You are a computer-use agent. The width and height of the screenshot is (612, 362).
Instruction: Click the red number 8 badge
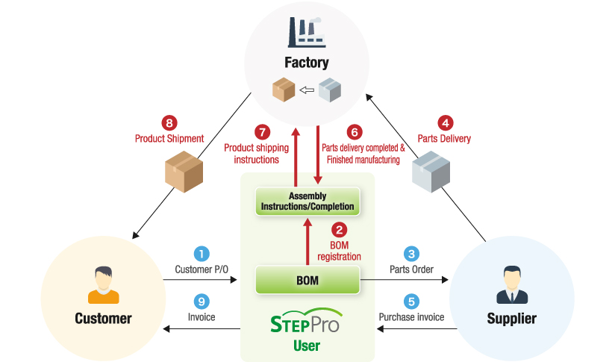click(x=169, y=122)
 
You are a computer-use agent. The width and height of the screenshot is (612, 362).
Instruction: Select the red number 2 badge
click(x=340, y=230)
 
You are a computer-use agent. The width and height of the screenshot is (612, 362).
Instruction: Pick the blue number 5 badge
click(x=411, y=302)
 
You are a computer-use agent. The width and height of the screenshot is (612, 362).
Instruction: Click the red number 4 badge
click(x=444, y=122)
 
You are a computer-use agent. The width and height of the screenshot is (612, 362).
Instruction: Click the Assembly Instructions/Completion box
click(x=307, y=201)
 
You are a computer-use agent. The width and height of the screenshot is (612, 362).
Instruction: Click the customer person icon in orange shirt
click(x=103, y=284)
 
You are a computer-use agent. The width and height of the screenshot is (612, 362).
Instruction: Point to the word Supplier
click(x=511, y=319)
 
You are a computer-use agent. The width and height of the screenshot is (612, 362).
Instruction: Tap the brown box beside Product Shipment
click(x=184, y=172)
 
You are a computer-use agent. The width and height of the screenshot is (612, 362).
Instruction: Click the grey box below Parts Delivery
click(x=431, y=172)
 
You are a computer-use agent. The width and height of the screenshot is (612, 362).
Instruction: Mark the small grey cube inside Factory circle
click(x=330, y=91)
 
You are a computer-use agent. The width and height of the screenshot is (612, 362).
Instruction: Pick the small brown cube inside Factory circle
click(x=284, y=91)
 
